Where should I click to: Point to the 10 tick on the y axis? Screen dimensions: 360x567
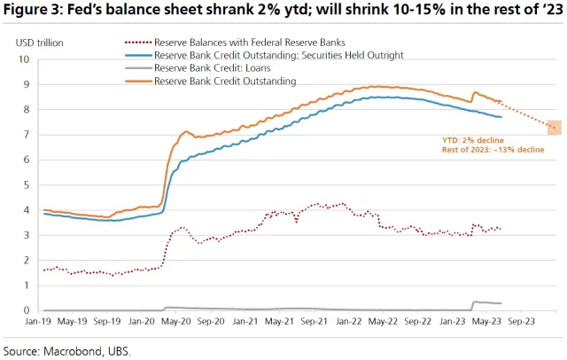tap(25, 59)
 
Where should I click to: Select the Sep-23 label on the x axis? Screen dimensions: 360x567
tap(519, 324)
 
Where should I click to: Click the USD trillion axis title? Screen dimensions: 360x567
tap(40, 42)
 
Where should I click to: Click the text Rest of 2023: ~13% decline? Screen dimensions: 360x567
tap(493, 150)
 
